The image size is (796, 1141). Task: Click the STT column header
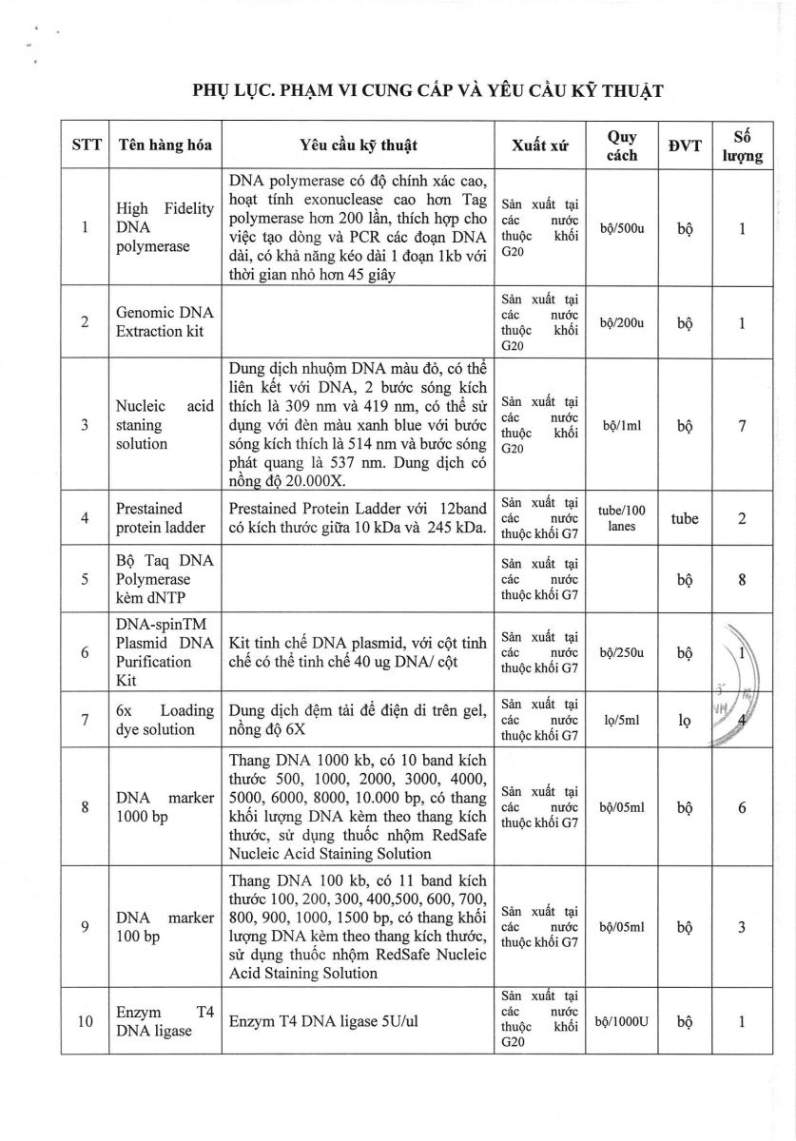pyautogui.click(x=85, y=145)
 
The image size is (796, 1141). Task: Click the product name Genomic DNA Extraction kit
pyautogui.click(x=165, y=321)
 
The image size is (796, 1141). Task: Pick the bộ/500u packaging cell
pyautogui.click(x=623, y=228)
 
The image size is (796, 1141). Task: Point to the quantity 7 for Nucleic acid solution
pyautogui.click(x=741, y=425)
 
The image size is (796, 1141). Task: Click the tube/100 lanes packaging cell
pyautogui.click(x=623, y=518)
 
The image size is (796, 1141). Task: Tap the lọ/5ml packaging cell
pyautogui.click(x=623, y=721)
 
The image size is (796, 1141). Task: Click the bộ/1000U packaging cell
pyautogui.click(x=623, y=1021)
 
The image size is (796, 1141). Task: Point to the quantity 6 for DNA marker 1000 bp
pyautogui.click(x=741, y=807)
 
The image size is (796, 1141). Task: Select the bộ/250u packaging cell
pyautogui.click(x=623, y=654)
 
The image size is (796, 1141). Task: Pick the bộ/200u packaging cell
pyautogui.click(x=623, y=322)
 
